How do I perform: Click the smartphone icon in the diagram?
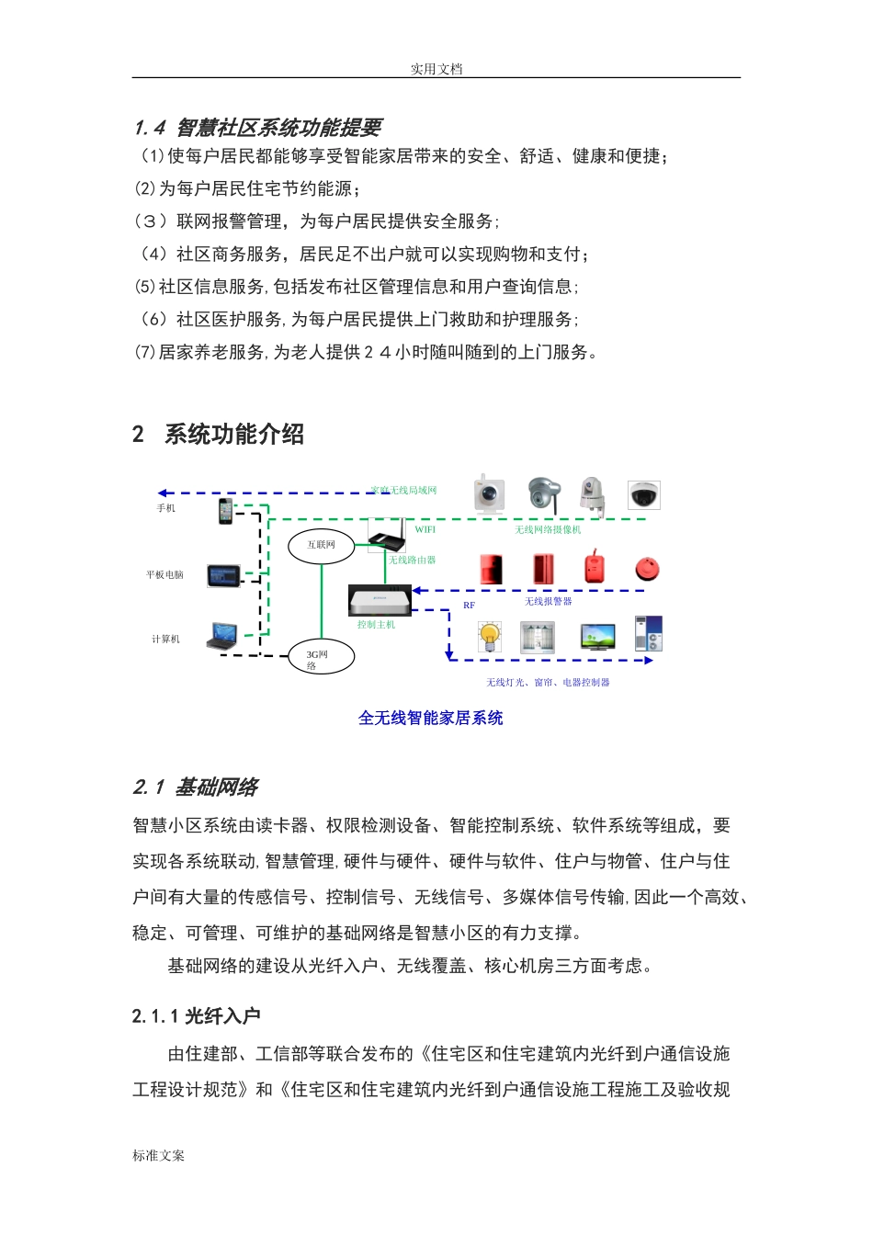pyautogui.click(x=225, y=510)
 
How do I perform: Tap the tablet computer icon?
pyautogui.click(x=223, y=576)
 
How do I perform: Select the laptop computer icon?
pyautogui.click(x=222, y=636)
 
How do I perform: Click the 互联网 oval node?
pyautogui.click(x=321, y=545)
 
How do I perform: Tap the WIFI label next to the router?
pyautogui.click(x=425, y=529)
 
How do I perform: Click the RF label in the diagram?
pyautogui.click(x=469, y=606)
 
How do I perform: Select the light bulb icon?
pyautogui.click(x=490, y=636)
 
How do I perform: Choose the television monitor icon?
pyautogui.click(x=597, y=636)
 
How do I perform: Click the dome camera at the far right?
pyautogui.click(x=643, y=495)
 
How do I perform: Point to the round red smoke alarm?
pyautogui.click(x=647, y=569)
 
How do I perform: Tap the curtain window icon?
pyautogui.click(x=538, y=636)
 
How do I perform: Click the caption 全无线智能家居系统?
pyautogui.click(x=430, y=718)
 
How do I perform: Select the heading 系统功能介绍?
pyautogui.click(x=233, y=434)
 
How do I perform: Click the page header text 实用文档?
pyautogui.click(x=436, y=69)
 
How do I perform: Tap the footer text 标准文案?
pyautogui.click(x=158, y=1155)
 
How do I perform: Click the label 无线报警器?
pyautogui.click(x=548, y=601)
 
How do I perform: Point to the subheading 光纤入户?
pyautogui.click(x=222, y=1015)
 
